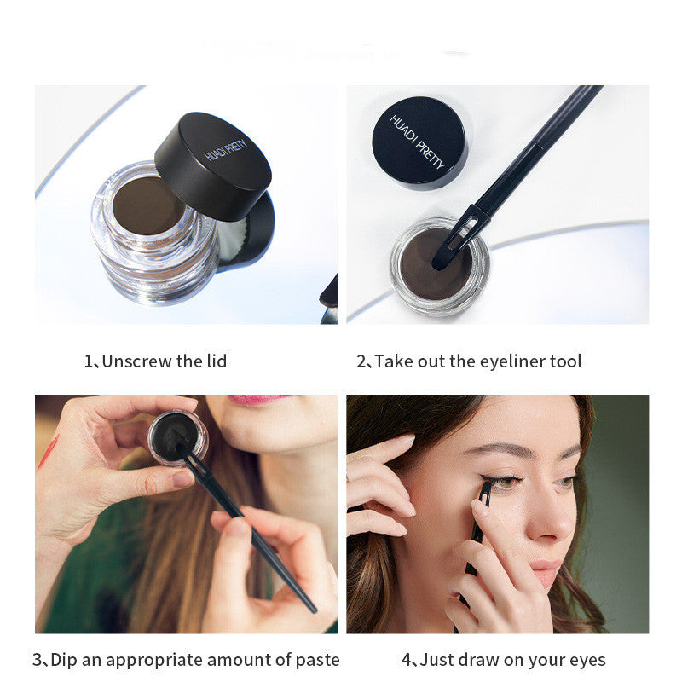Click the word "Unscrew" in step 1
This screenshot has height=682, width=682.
coord(137,361)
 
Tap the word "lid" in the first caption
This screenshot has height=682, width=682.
coord(217,361)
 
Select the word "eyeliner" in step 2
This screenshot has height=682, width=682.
coord(506,361)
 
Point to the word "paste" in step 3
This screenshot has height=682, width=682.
coord(317,660)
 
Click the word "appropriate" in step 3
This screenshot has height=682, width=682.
coord(153,660)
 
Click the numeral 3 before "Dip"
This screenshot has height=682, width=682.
coord(38,660)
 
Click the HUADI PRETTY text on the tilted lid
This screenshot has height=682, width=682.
coord(225,150)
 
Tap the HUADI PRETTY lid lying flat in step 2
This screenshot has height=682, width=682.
coord(419,142)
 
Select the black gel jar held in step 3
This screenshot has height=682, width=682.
coord(178,437)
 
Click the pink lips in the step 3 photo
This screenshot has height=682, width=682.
coord(258,399)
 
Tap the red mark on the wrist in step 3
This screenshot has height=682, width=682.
coord(48,453)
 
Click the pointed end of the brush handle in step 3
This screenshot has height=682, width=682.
coord(314,610)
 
